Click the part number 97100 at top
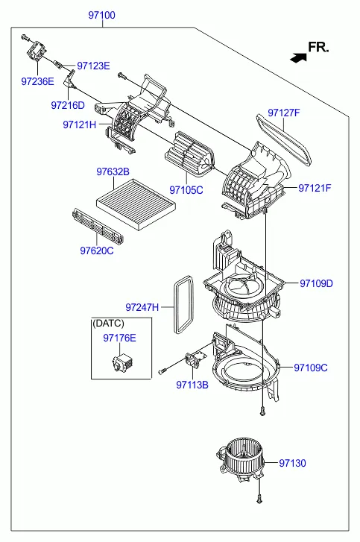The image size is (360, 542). tap(101, 15)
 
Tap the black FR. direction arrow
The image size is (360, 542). tap(298, 57)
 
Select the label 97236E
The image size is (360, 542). tap(38, 81)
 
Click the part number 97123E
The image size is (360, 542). tap(93, 66)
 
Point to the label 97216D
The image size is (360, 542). tap(68, 105)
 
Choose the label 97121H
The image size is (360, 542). tap(80, 125)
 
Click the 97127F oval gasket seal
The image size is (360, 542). tap(284, 139)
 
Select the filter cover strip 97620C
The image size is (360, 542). tap(98, 225)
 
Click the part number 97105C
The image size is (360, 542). tap(186, 190)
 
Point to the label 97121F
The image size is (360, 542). tap(315, 188)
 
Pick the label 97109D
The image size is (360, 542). tap(316, 283)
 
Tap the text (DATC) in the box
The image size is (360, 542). tap(108, 324)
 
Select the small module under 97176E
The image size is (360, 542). tap(124, 362)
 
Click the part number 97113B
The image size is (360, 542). tap(192, 385)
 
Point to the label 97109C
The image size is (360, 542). tap(311, 368)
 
